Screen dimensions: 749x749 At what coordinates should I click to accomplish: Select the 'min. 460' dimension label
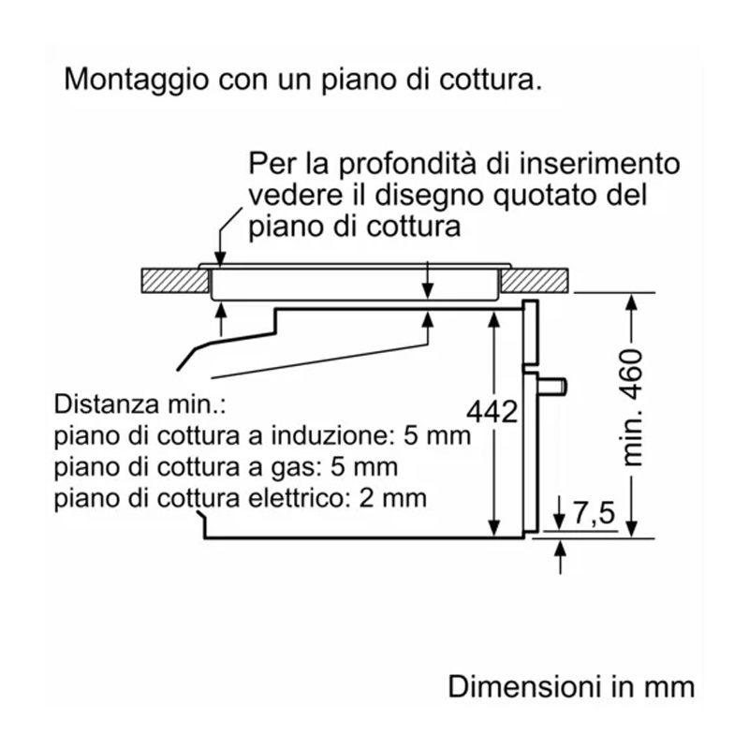(x=636, y=408)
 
